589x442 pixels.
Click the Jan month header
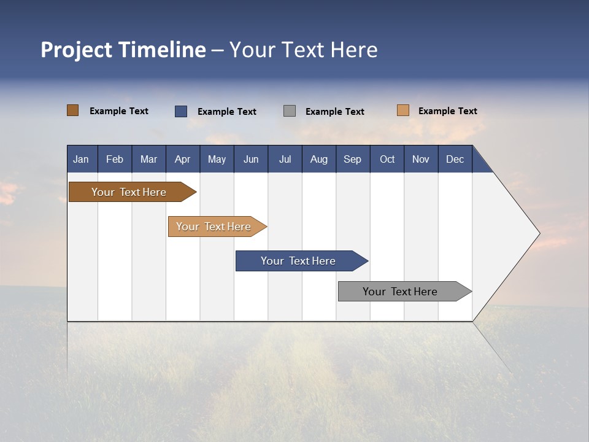point(82,159)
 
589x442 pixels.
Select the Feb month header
point(115,159)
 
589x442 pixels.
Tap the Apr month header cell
point(183,159)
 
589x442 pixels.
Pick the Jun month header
point(251,159)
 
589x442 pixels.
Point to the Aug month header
point(319,159)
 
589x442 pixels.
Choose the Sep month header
point(353,159)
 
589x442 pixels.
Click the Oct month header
point(387,159)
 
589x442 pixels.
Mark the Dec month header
point(455,159)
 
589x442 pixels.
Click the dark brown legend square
point(73,110)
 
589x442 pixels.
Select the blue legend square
point(181,111)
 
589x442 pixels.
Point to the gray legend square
point(290,111)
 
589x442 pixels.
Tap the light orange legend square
point(403,110)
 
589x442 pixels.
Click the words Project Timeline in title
point(123,50)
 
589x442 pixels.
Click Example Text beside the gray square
point(335,112)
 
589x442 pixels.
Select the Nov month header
point(421,159)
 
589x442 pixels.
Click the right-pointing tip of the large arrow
point(537,233)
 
